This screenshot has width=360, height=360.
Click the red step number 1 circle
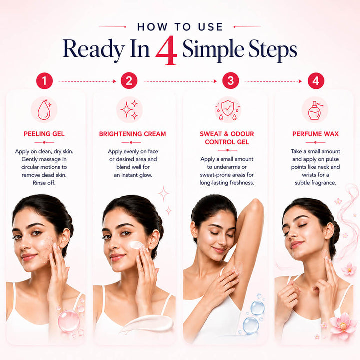44,81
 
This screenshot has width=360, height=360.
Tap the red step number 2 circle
129,81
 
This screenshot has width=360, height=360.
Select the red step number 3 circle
230,81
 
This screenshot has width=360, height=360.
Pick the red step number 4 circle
316,81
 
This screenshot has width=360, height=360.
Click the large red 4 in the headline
167,50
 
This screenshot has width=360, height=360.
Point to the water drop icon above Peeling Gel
44,109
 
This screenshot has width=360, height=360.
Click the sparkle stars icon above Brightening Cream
129,110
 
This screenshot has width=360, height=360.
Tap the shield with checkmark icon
228,110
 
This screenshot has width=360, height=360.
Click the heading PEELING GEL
44,134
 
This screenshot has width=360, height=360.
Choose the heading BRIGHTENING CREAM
132,134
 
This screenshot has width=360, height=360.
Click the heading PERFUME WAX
315,134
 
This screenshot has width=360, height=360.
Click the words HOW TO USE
180,27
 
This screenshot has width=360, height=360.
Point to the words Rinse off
44,183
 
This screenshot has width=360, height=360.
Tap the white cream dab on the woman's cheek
136,245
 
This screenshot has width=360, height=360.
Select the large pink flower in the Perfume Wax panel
343,325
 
